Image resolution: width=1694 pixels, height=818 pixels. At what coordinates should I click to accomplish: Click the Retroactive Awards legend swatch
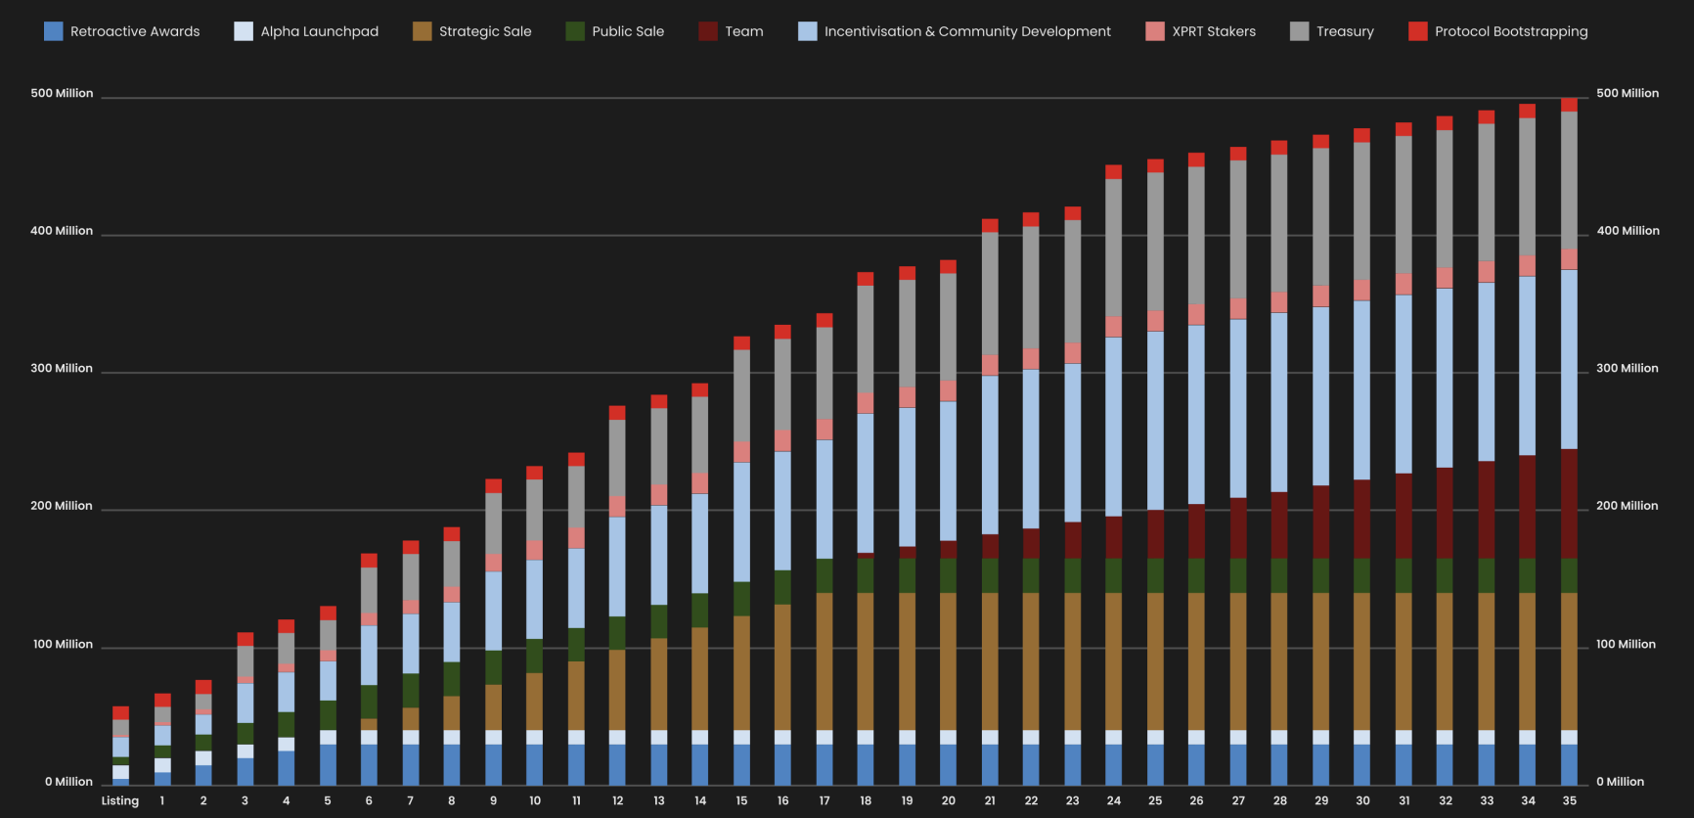point(54,31)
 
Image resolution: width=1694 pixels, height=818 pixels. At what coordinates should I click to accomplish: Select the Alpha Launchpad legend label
point(319,31)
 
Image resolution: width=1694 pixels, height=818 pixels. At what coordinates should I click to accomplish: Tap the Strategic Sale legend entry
point(484,31)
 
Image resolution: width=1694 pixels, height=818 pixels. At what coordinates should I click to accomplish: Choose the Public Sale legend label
point(627,31)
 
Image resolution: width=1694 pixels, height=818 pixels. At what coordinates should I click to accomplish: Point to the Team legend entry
point(743,31)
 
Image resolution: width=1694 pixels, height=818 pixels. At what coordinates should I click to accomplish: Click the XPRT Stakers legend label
point(1213,31)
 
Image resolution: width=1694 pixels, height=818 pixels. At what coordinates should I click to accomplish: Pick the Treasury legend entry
point(1344,31)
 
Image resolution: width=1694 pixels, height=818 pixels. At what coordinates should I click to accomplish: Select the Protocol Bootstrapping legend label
point(1510,31)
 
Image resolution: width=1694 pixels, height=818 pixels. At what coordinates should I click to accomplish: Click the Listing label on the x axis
point(120,800)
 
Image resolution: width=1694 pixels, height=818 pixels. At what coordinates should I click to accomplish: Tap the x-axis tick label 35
point(1569,800)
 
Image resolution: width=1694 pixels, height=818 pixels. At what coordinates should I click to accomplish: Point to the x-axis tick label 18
point(866,800)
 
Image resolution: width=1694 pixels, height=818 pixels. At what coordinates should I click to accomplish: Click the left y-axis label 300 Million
point(62,369)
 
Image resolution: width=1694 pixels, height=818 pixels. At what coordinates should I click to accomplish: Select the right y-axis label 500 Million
point(1627,93)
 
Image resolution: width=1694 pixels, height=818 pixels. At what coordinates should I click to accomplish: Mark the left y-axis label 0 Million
point(68,782)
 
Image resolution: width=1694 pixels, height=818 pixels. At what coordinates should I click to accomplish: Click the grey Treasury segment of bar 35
point(1569,180)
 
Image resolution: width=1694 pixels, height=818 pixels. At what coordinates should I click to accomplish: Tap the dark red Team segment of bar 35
point(1569,503)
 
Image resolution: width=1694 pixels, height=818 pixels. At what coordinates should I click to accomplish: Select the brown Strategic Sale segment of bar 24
point(1113,660)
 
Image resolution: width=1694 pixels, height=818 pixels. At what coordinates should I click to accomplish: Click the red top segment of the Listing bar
point(120,713)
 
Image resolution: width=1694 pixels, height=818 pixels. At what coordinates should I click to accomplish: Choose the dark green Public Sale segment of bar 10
point(534,656)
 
